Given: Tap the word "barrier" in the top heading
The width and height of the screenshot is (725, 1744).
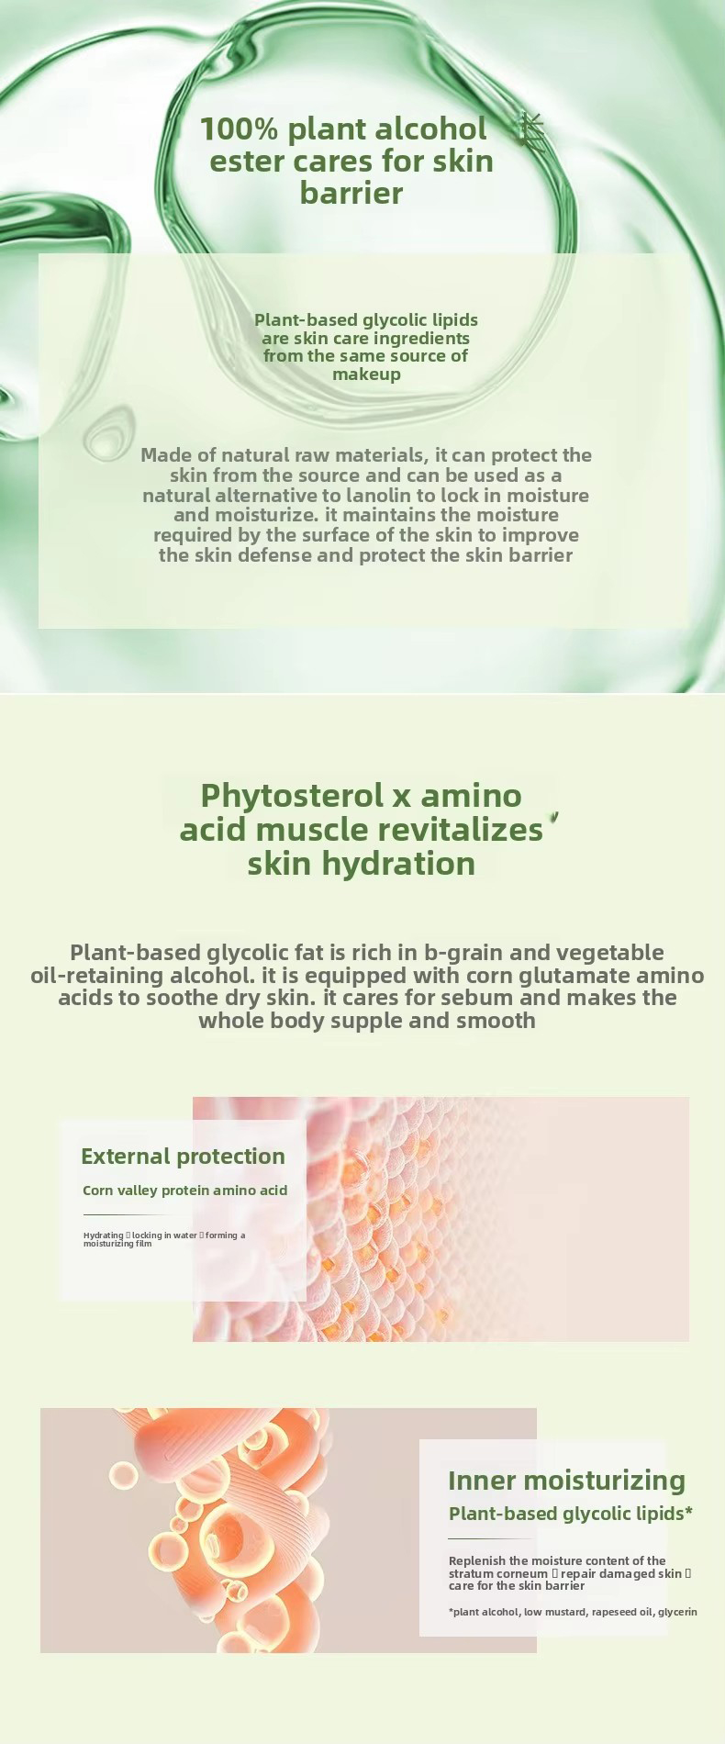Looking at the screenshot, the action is click(351, 193).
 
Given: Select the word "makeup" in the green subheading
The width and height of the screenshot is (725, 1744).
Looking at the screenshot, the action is click(366, 375).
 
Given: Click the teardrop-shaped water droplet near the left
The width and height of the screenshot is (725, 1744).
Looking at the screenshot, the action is click(109, 434).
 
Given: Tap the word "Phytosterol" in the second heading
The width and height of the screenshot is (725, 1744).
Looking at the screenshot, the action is click(292, 795).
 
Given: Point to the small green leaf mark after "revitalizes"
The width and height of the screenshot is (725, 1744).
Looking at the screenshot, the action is click(554, 816).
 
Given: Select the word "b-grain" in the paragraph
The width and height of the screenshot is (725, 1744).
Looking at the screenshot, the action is click(463, 953).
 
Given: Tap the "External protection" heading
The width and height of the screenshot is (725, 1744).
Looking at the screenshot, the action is click(183, 1157).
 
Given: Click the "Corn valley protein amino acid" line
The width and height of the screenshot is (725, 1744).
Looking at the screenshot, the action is click(184, 1191).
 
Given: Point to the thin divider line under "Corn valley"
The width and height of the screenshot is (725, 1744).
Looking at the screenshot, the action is click(128, 1214).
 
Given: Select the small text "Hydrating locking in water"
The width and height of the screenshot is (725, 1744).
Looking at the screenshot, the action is click(140, 1235).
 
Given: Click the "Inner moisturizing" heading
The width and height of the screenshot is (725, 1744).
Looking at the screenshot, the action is click(566, 1481).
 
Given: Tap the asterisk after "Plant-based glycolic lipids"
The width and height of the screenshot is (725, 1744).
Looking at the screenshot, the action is click(688, 1512).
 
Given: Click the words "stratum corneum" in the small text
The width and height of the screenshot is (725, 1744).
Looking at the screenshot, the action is click(497, 1573).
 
